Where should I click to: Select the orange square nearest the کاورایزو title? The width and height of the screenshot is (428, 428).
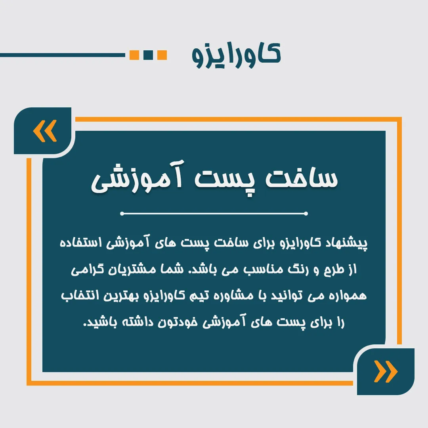pos(162,55)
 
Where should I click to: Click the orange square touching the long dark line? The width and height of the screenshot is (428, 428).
pos(134,55)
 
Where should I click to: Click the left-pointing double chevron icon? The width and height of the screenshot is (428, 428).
pos(45,131)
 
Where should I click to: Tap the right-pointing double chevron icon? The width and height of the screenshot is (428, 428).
pos(386,371)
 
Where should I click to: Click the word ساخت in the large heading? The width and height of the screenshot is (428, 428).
pos(302,178)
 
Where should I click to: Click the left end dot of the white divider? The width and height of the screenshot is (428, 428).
pos(122,214)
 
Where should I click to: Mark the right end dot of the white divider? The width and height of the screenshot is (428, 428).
pos(306,214)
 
